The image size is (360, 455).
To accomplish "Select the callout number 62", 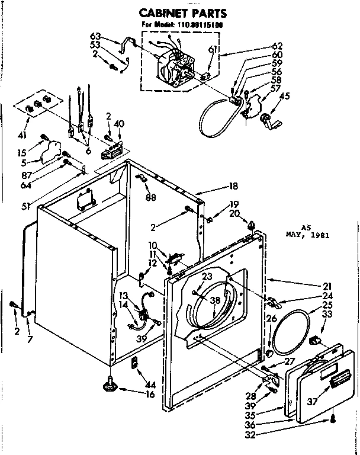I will (x=277, y=45).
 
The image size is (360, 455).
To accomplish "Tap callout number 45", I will (x=285, y=97).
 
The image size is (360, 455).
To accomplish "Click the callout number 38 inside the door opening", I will (x=214, y=300).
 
